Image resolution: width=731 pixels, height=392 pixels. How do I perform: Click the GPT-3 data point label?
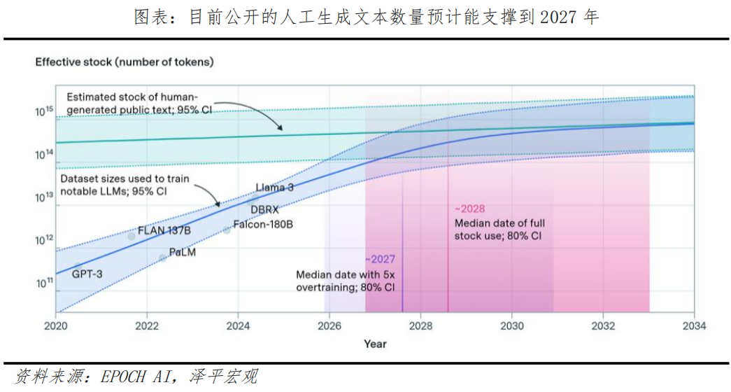(87, 274)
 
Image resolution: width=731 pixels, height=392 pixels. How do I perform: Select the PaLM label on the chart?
(182, 253)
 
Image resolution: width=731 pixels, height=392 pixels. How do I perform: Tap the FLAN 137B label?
(164, 230)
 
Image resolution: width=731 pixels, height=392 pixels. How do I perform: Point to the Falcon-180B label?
(262, 224)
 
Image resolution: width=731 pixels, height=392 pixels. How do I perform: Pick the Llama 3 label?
(274, 187)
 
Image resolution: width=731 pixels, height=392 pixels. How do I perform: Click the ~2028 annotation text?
(469, 209)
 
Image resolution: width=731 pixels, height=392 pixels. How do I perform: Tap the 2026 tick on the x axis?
(329, 325)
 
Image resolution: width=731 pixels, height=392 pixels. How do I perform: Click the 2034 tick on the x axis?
(693, 325)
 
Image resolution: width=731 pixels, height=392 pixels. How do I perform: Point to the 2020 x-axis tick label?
(55, 325)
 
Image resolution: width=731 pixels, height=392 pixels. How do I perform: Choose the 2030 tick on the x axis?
(511, 325)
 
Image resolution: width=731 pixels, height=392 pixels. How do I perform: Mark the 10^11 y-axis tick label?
(44, 283)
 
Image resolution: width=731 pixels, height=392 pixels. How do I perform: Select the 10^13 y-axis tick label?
(44, 197)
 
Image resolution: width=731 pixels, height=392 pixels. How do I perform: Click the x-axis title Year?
(374, 344)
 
